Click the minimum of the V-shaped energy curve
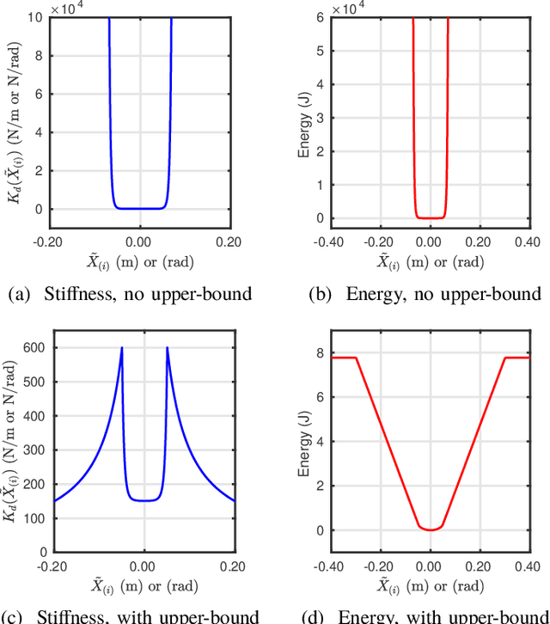tap(430, 530)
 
